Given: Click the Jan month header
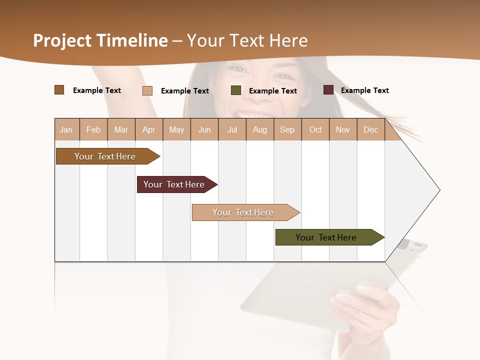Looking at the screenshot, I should coord(66,129).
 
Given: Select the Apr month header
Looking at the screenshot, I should coord(149,129).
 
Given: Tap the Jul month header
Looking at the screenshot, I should coord(232,129).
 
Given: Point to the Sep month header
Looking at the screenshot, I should coord(287,129).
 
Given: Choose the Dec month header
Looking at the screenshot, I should coord(370,129).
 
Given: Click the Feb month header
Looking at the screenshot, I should coord(93,129).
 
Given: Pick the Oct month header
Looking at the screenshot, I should coord(315,129).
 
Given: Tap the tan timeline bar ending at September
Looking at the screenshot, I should coord(243,212).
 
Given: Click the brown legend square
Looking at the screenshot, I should coord(59,90).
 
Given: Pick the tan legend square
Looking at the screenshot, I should coord(147,90).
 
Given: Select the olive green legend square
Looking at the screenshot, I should coord(236,90).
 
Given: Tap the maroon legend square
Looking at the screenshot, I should coord(328,90).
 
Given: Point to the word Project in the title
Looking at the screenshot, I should coord(62,40).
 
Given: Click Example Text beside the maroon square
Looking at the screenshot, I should coord(364,90).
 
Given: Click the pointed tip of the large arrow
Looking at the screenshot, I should coord(439,190).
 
